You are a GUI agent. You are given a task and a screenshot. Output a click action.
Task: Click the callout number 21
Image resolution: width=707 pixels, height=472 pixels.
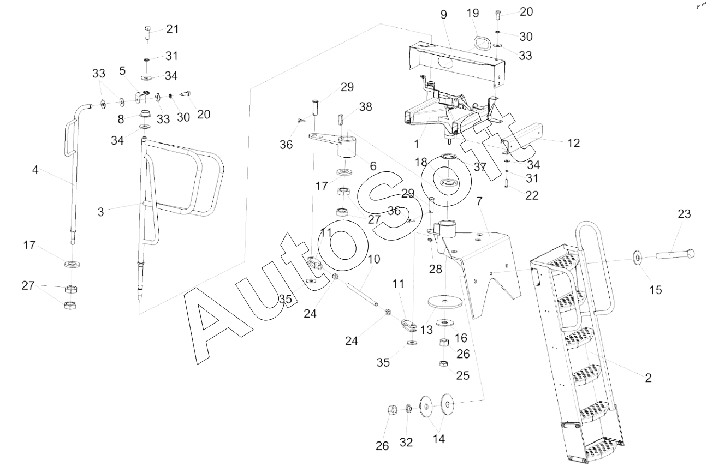tap(173, 29)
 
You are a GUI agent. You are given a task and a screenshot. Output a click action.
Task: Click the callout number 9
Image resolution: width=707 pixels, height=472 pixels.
tap(444, 15)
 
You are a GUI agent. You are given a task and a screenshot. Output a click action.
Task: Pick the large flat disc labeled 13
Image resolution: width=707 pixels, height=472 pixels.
tap(445, 301)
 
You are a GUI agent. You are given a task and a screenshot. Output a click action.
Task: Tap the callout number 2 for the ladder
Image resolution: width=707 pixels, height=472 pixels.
tap(648, 378)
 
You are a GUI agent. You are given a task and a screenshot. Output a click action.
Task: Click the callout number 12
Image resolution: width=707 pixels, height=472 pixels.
tap(573, 144)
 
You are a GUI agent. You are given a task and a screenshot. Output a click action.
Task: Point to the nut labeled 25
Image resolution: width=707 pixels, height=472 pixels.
tap(443, 364)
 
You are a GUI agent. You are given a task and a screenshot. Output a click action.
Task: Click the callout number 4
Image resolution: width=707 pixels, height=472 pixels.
tap(35, 170)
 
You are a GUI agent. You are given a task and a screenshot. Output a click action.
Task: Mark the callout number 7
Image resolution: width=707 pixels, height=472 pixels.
tap(479, 201)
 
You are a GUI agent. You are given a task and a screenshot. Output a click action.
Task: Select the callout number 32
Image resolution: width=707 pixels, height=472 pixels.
tap(406, 443)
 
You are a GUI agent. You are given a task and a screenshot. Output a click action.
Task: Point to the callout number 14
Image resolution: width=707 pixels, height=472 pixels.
tap(439, 439)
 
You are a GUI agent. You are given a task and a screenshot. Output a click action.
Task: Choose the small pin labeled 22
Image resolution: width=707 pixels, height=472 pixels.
tap(506, 183)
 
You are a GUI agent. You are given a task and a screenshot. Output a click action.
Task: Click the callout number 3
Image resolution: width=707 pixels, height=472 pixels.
tap(100, 212)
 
